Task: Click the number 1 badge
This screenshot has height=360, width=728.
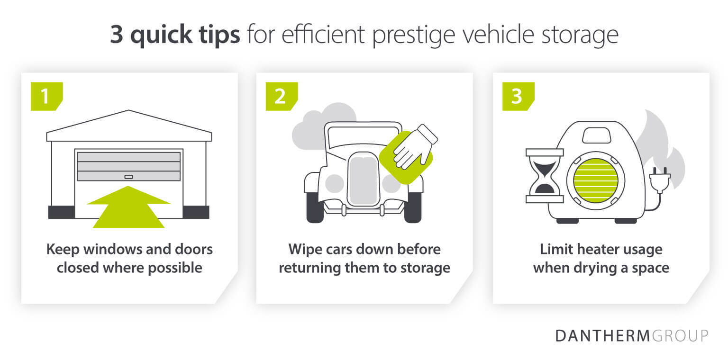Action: pyautogui.click(x=46, y=96)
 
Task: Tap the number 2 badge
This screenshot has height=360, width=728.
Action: pyautogui.click(x=281, y=96)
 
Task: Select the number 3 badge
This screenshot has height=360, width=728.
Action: pyautogui.click(x=518, y=96)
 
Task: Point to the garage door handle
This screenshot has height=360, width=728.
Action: pyautogui.click(x=129, y=177)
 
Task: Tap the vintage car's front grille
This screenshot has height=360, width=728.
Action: pyautogui.click(x=363, y=180)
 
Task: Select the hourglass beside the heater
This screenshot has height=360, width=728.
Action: pyautogui.click(x=545, y=176)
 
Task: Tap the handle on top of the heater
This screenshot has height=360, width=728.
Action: pyautogui.click(x=596, y=135)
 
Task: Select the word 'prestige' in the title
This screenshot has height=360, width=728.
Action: pyautogui.click(x=424, y=36)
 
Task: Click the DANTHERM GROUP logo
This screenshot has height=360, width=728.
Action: pyautogui.click(x=632, y=335)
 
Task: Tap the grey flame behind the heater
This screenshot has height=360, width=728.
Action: pyautogui.click(x=661, y=142)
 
